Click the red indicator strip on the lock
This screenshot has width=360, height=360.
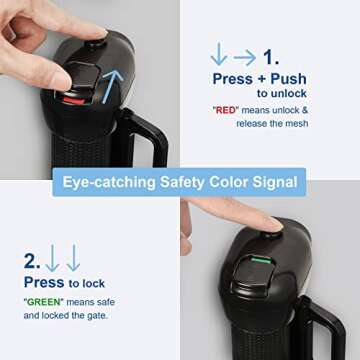click(x=74, y=100)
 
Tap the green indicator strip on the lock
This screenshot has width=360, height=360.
click(x=261, y=260)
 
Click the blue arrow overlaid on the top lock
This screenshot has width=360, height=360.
click(x=112, y=86)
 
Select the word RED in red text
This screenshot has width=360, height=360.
click(x=226, y=110)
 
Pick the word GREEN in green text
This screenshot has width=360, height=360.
click(x=44, y=302)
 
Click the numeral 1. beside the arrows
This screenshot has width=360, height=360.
click(x=271, y=57)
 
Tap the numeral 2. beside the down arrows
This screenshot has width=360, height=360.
click(x=32, y=261)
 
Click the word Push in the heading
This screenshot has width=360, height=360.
click(x=288, y=79)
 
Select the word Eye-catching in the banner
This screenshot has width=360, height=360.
click(x=109, y=183)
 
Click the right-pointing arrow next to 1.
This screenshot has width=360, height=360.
click(x=244, y=58)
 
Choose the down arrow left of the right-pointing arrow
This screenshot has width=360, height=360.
click(x=219, y=53)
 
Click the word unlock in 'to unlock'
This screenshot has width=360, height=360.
click(x=289, y=94)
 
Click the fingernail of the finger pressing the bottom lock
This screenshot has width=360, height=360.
click(x=276, y=224)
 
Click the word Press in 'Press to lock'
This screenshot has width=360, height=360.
click(x=44, y=282)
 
